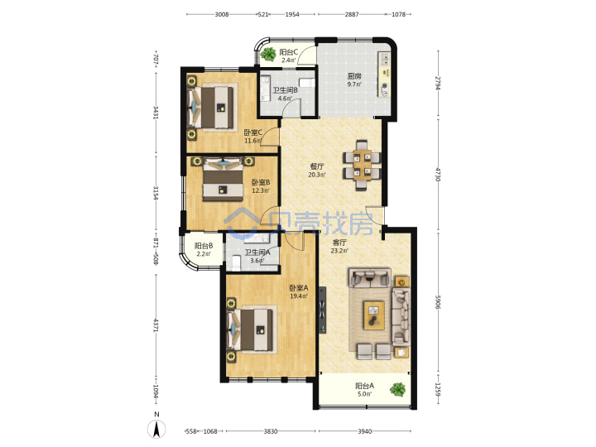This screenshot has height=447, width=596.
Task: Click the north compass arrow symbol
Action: [x=156, y=430]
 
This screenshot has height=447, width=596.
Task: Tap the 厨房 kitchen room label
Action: [x=354, y=75]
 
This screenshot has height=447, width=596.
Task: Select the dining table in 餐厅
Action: [x=362, y=165]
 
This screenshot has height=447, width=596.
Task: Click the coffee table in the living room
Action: [x=374, y=315]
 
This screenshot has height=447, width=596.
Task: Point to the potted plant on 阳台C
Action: [x=269, y=54]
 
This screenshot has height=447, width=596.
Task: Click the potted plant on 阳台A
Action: [x=397, y=389]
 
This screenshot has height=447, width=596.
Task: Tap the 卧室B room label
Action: [x=261, y=182]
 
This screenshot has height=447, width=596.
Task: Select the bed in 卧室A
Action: [x=251, y=330]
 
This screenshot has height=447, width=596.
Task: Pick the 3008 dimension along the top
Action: [x=222, y=14]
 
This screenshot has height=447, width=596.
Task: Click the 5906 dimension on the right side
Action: [x=438, y=302]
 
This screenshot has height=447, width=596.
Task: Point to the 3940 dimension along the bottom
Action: [x=364, y=431]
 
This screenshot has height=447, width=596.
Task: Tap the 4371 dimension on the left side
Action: [x=156, y=325]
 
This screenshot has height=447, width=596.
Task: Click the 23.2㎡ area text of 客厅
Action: [x=339, y=251]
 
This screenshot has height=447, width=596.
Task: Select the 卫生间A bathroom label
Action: [x=257, y=252]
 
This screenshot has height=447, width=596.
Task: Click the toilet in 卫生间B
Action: [x=307, y=83]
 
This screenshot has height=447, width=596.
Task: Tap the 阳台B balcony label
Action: [x=204, y=246]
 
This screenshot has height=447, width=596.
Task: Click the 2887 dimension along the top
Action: [x=352, y=14]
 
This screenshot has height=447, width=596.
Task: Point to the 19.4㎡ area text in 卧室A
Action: [x=299, y=296]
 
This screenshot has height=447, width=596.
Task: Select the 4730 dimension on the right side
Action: [x=438, y=175]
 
